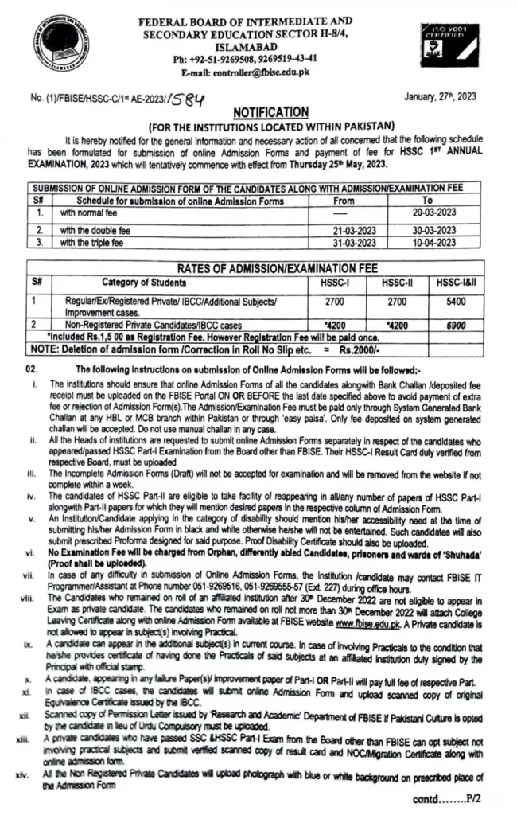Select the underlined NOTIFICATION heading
271,113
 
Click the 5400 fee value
460,302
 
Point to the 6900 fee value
460,326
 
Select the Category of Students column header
145,282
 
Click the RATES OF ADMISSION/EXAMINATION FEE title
270,267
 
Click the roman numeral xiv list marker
31,774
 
